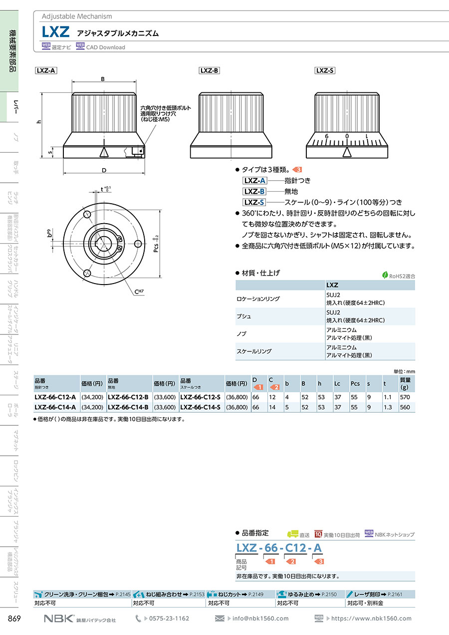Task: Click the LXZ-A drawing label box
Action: [x=46, y=70]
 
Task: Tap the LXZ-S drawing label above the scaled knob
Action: [x=325, y=70]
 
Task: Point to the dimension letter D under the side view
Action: [x=104, y=170]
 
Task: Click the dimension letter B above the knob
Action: [x=103, y=79]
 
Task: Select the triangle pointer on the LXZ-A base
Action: [x=104, y=152]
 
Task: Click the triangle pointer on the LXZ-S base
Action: [x=347, y=152]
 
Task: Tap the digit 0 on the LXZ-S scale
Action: [x=347, y=136]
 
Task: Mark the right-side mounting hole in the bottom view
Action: [x=138, y=244]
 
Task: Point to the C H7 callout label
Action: [x=139, y=292]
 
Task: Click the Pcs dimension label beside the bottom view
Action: [x=156, y=244]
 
